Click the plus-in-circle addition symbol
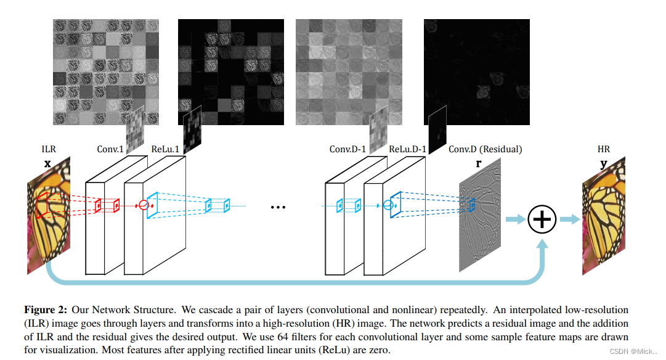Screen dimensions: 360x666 tap(542, 219)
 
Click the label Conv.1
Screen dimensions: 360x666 tap(110, 149)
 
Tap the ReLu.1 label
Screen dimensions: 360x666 tap(164, 149)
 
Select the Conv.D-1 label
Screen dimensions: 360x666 tap(347, 149)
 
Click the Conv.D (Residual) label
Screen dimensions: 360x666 tap(485, 149)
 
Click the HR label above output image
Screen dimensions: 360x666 tap(603, 149)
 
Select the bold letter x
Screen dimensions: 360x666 tap(47, 163)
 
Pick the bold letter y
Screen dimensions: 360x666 tap(603, 164)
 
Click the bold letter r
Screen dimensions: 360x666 tap(479, 164)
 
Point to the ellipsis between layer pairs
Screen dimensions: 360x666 tap(279, 207)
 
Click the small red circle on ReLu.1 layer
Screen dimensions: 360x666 tap(143, 205)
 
